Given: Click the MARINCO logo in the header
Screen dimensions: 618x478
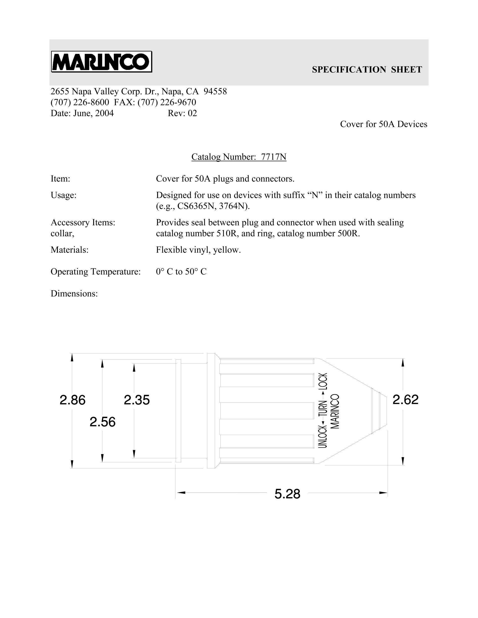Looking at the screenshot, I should (x=101, y=62).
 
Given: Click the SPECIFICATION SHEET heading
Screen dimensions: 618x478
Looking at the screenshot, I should (x=367, y=70).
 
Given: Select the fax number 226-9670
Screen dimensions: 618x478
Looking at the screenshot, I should (x=178, y=102).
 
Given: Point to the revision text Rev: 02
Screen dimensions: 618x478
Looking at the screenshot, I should (x=182, y=113).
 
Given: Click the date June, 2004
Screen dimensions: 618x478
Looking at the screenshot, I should (x=94, y=113).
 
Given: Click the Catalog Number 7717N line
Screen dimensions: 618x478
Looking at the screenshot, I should (x=239, y=157).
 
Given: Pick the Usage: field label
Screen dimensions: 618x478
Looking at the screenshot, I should (x=63, y=195).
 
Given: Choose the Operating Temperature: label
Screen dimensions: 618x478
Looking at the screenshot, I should (x=96, y=272).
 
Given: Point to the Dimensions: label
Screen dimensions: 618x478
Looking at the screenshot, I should (x=74, y=294).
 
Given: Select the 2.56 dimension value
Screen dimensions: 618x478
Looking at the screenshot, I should (x=102, y=422).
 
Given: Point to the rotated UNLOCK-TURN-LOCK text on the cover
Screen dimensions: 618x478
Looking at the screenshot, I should (x=323, y=411).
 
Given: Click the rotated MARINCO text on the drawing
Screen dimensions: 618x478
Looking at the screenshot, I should (x=335, y=411).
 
